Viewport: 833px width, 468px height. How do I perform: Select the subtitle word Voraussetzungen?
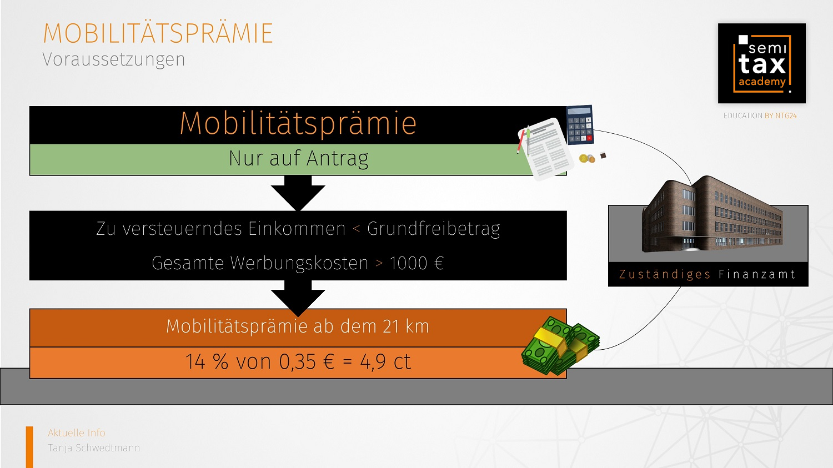114,59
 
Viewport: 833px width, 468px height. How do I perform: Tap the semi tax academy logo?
761,63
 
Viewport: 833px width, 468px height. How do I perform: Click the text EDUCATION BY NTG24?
760,115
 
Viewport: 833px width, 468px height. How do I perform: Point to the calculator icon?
580,124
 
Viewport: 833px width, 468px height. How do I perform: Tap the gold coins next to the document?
587,159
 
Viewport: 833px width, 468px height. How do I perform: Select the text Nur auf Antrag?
298,158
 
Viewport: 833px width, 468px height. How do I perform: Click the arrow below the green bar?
298,193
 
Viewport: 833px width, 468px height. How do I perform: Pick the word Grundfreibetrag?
434,229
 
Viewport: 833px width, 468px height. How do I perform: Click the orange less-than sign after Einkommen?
357,229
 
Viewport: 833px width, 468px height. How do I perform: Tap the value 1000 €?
416,263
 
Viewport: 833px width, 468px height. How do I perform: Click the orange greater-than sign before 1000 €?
379,263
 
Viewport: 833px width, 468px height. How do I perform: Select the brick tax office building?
712,214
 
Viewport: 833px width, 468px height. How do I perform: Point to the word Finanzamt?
757,274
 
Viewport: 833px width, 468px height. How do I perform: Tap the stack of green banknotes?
560,346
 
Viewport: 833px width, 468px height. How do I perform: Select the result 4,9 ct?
385,361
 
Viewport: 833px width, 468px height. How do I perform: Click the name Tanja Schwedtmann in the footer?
94,448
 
